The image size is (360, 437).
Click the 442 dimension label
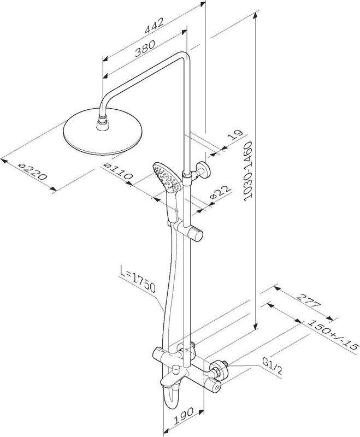coord(154,26)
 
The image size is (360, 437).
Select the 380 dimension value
coord(145,49)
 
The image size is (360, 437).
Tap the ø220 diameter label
coord(32,172)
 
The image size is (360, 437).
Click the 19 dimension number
coord(235,135)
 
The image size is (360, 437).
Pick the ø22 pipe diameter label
coord(220,192)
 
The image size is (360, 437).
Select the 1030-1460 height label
coord(247,171)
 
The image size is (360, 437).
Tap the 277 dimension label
coord(308,300)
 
